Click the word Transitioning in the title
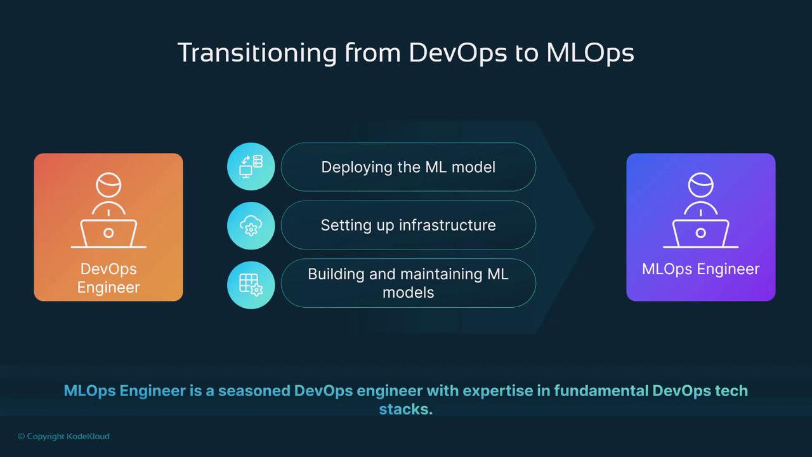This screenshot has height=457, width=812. point(256,53)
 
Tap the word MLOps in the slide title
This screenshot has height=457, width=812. point(590,53)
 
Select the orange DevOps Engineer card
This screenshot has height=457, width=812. point(108,227)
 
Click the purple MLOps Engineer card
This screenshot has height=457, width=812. point(700,227)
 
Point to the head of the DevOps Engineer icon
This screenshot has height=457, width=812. point(108,186)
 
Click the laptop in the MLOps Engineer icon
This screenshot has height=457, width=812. point(700,233)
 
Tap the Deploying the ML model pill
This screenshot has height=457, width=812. point(408,167)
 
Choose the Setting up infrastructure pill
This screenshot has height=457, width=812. point(408,225)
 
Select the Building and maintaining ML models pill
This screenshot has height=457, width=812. point(408,283)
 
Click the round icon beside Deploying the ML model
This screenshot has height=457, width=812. point(251,167)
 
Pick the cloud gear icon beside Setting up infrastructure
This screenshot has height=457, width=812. point(251,225)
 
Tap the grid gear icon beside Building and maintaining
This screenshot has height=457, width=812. point(251,284)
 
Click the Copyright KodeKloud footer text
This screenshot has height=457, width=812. point(63,436)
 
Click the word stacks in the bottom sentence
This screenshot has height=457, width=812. point(405,409)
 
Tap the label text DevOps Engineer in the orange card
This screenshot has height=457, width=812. point(108,278)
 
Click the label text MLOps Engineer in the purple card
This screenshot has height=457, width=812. point(700,269)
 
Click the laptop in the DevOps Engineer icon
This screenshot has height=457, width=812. point(108,233)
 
